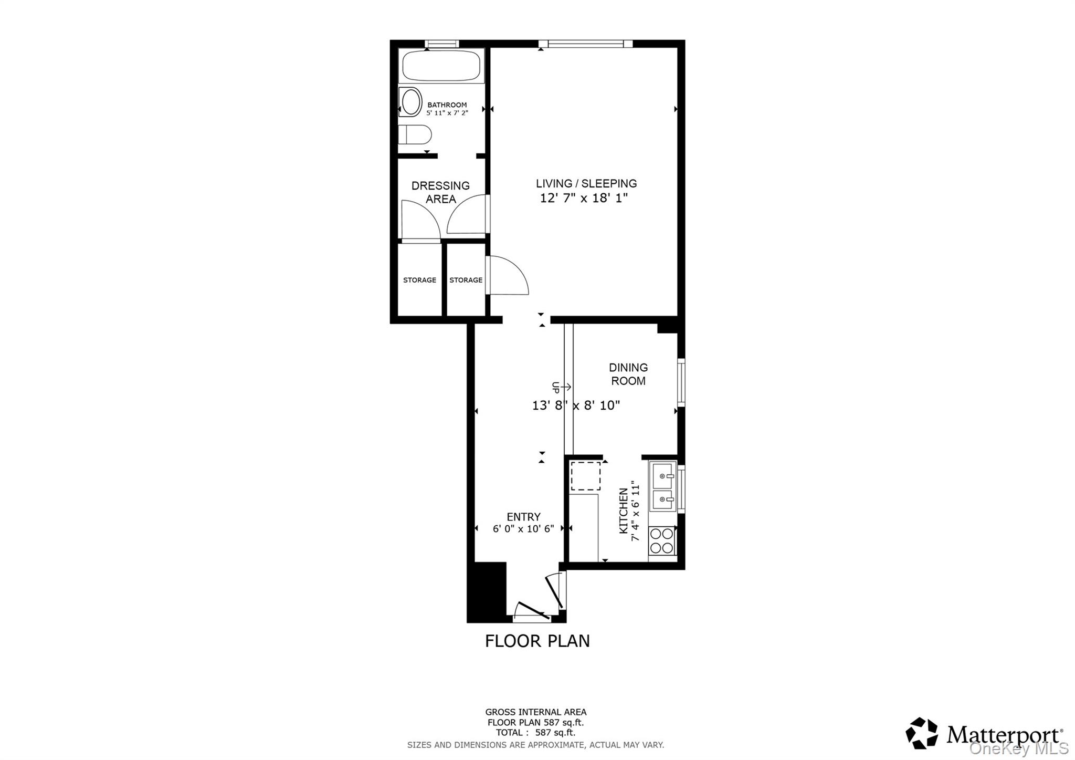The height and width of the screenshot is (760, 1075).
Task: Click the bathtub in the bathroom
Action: [441, 65]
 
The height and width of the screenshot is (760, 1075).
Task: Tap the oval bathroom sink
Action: [410, 102]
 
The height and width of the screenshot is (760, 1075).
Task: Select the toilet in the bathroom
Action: [415, 134]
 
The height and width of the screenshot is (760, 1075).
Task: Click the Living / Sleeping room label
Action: [586, 183]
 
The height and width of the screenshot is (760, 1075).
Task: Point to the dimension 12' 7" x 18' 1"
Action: [584, 198]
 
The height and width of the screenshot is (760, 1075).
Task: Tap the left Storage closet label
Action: [419, 280]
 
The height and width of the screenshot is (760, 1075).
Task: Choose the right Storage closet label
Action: [466, 280]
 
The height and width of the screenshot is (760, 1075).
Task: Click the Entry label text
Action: [523, 516]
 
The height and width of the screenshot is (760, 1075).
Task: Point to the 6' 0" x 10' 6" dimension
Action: [523, 529]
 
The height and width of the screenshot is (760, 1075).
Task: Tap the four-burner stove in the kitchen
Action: [661, 541]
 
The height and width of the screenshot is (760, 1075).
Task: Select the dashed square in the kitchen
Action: [585, 476]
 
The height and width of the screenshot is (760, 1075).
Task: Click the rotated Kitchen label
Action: [624, 511]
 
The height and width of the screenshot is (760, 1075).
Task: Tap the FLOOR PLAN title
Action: [537, 641]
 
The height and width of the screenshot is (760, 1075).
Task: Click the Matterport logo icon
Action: [922, 733]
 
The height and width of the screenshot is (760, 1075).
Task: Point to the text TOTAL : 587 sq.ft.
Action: [535, 732]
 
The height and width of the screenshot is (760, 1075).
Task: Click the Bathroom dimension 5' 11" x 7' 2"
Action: [447, 112]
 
